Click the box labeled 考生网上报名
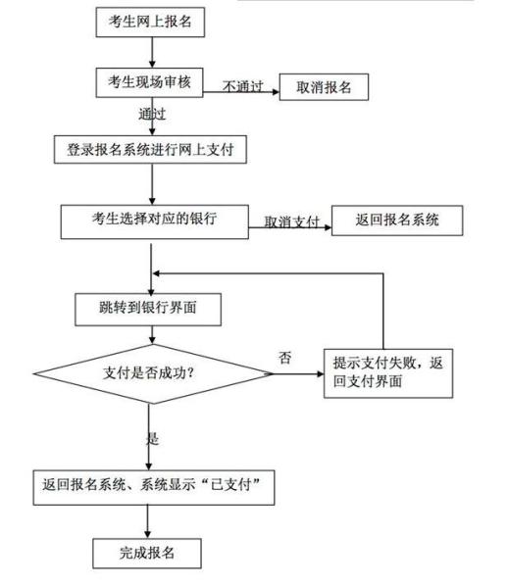(x=150, y=23)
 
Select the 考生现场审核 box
(x=149, y=82)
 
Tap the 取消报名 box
(x=324, y=87)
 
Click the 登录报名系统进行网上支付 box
(x=150, y=150)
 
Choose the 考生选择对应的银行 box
(x=155, y=221)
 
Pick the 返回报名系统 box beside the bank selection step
(x=397, y=220)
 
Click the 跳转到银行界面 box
(x=148, y=310)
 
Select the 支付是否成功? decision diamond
(x=153, y=373)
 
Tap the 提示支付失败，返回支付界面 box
(x=388, y=373)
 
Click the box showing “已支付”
(x=154, y=487)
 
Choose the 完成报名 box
(x=147, y=554)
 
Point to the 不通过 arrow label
(x=243, y=86)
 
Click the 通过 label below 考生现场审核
(x=152, y=114)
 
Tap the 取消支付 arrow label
(x=291, y=221)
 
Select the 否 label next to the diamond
(x=284, y=358)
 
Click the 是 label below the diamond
(x=152, y=438)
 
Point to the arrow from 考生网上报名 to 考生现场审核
(x=152, y=53)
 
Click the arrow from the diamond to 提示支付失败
(x=298, y=374)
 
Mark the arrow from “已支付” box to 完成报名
(x=147, y=522)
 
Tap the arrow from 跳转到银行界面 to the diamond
(x=152, y=335)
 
